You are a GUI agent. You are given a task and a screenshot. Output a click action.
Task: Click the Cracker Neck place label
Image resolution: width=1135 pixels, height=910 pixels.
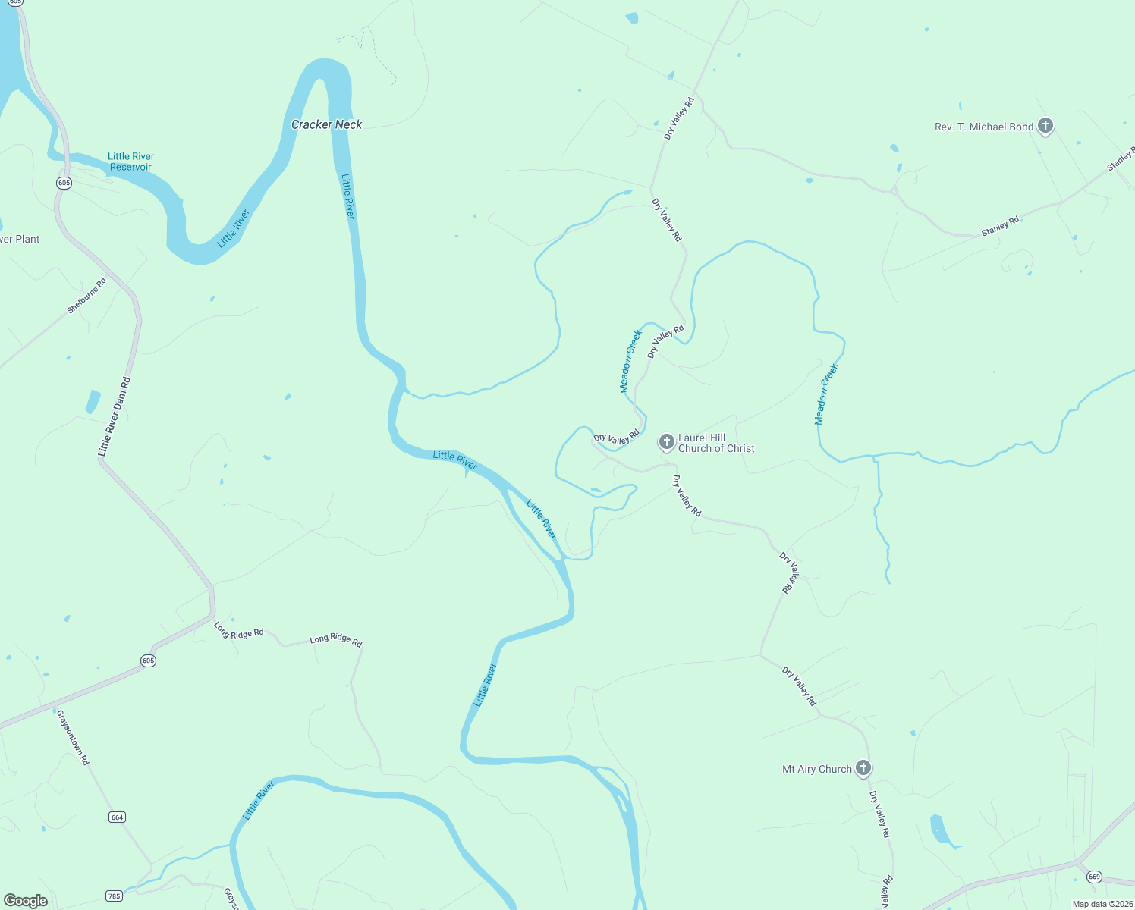326,124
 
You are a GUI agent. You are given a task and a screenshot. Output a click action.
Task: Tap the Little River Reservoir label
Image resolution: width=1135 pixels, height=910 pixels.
130,162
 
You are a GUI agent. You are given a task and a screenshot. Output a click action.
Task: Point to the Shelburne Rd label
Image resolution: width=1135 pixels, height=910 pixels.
86,296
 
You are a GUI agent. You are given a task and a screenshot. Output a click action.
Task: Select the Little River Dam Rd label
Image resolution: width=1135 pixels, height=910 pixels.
114,416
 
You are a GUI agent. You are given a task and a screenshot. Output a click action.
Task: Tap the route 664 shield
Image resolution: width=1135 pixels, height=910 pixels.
117,817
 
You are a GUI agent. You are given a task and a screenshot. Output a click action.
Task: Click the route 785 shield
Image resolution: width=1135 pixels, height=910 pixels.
114,896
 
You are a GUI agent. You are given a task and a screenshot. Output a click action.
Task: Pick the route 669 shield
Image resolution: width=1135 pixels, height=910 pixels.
1093,877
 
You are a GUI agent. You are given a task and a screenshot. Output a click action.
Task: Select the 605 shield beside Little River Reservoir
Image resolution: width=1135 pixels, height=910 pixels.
64,183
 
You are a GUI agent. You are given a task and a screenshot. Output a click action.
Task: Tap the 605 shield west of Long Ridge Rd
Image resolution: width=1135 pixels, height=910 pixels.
148,661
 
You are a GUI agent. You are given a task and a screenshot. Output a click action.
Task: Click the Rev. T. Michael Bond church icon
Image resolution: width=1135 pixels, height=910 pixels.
1045,126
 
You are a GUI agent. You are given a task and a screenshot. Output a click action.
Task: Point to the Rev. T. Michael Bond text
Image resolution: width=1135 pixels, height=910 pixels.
984,127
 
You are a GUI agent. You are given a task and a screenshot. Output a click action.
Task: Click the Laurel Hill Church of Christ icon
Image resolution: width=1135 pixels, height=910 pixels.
666,441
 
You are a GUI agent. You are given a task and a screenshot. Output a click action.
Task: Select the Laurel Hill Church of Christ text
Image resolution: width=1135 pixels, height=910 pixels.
716,443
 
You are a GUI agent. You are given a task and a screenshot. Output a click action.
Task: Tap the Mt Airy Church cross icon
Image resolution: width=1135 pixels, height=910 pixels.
863,768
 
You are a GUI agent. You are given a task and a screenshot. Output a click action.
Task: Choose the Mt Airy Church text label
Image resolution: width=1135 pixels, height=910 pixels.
817,769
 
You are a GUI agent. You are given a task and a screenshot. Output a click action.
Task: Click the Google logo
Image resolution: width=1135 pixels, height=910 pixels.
25,901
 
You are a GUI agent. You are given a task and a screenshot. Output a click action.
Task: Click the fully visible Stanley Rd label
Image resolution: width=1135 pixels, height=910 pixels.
1000,226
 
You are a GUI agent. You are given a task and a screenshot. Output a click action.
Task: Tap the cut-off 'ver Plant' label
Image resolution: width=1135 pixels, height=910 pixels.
20,239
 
